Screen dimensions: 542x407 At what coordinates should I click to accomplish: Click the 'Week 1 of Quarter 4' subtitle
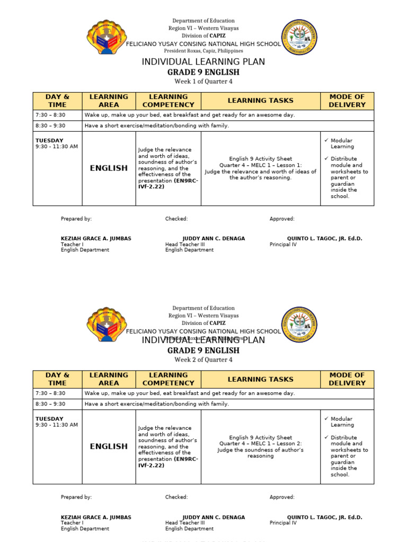pyautogui.click(x=203, y=82)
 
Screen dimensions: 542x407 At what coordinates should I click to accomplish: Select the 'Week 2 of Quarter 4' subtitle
pyautogui.click(x=203, y=360)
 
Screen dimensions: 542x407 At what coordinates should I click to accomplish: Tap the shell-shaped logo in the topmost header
pyautogui.click(x=107, y=37)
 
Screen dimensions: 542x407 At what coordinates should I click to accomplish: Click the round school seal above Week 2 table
pyautogui.click(x=299, y=324)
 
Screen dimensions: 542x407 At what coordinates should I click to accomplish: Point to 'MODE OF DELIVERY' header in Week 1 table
pyautogui.click(x=347, y=101)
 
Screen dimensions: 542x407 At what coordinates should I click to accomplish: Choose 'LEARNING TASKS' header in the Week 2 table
pyautogui.click(x=260, y=379)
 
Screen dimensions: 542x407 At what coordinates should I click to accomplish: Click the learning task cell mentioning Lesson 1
pyautogui.click(x=260, y=168)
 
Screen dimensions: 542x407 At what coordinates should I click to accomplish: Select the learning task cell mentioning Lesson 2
pyautogui.click(x=260, y=447)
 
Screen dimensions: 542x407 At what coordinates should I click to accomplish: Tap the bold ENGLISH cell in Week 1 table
pyautogui.click(x=109, y=168)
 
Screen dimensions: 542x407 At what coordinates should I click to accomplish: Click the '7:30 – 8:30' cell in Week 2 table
pyautogui.click(x=50, y=393)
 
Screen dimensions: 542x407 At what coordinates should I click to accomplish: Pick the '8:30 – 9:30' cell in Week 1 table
pyautogui.click(x=50, y=125)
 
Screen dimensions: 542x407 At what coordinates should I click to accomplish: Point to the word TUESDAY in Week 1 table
pyautogui.click(x=49, y=140)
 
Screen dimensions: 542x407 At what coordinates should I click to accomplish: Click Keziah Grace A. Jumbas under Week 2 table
pyautogui.click(x=96, y=517)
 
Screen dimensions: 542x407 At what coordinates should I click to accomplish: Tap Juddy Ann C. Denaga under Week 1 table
pyautogui.click(x=214, y=239)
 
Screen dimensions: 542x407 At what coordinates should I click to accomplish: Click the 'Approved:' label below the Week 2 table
pyautogui.click(x=282, y=497)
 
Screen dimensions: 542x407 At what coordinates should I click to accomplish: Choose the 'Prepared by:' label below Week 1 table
pyautogui.click(x=76, y=219)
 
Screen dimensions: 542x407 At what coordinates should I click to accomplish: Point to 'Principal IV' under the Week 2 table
pyautogui.click(x=283, y=523)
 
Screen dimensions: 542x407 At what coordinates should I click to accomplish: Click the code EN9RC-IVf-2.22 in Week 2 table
pyautogui.click(x=168, y=462)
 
